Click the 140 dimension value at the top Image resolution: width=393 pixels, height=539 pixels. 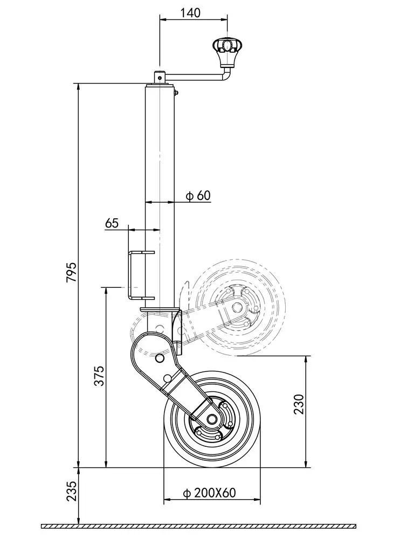pos(191,13)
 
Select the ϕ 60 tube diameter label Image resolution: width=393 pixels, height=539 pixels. pos(198,196)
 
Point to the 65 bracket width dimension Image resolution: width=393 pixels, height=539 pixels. pos(112,223)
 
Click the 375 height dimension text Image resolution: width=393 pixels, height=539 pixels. pos(99,376)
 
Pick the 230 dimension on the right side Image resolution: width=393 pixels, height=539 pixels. pos(299,404)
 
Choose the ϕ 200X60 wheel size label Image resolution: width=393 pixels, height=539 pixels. pos(210,493)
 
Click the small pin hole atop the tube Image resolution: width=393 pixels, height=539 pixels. pos(160,77)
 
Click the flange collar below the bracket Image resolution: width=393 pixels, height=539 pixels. pos(159,310)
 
